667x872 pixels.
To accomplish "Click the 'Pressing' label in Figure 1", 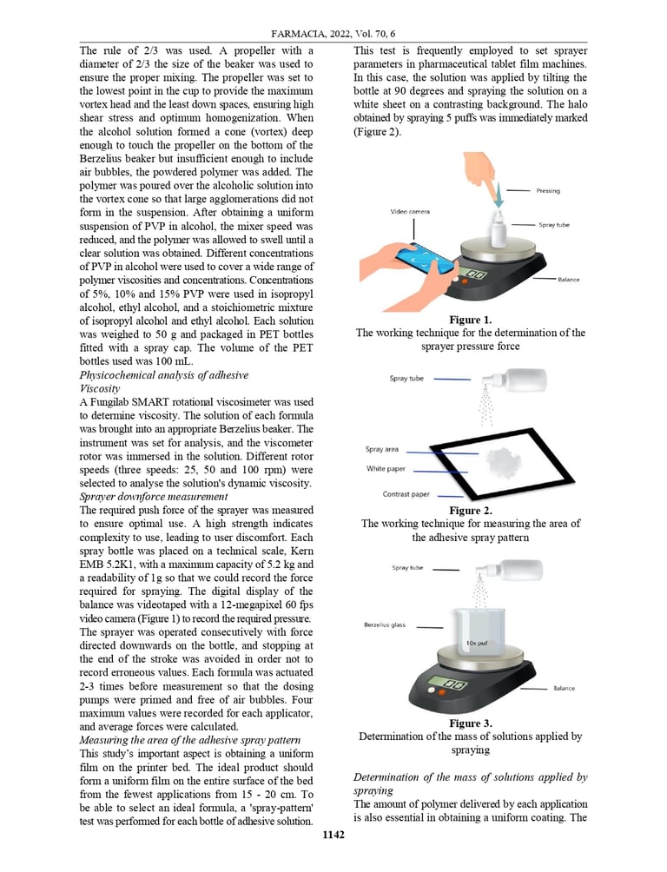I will (x=548, y=191).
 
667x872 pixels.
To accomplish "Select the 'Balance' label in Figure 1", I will (x=569, y=280).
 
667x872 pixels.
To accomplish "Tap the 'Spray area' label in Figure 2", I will (x=382, y=449).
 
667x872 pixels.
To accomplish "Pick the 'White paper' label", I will (x=386, y=469).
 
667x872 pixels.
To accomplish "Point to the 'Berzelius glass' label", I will (x=388, y=625).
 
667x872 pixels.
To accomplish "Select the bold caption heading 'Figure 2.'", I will (x=471, y=511).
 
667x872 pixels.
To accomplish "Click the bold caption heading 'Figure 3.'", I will (x=471, y=723).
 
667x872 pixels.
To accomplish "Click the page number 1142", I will (x=333, y=835).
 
